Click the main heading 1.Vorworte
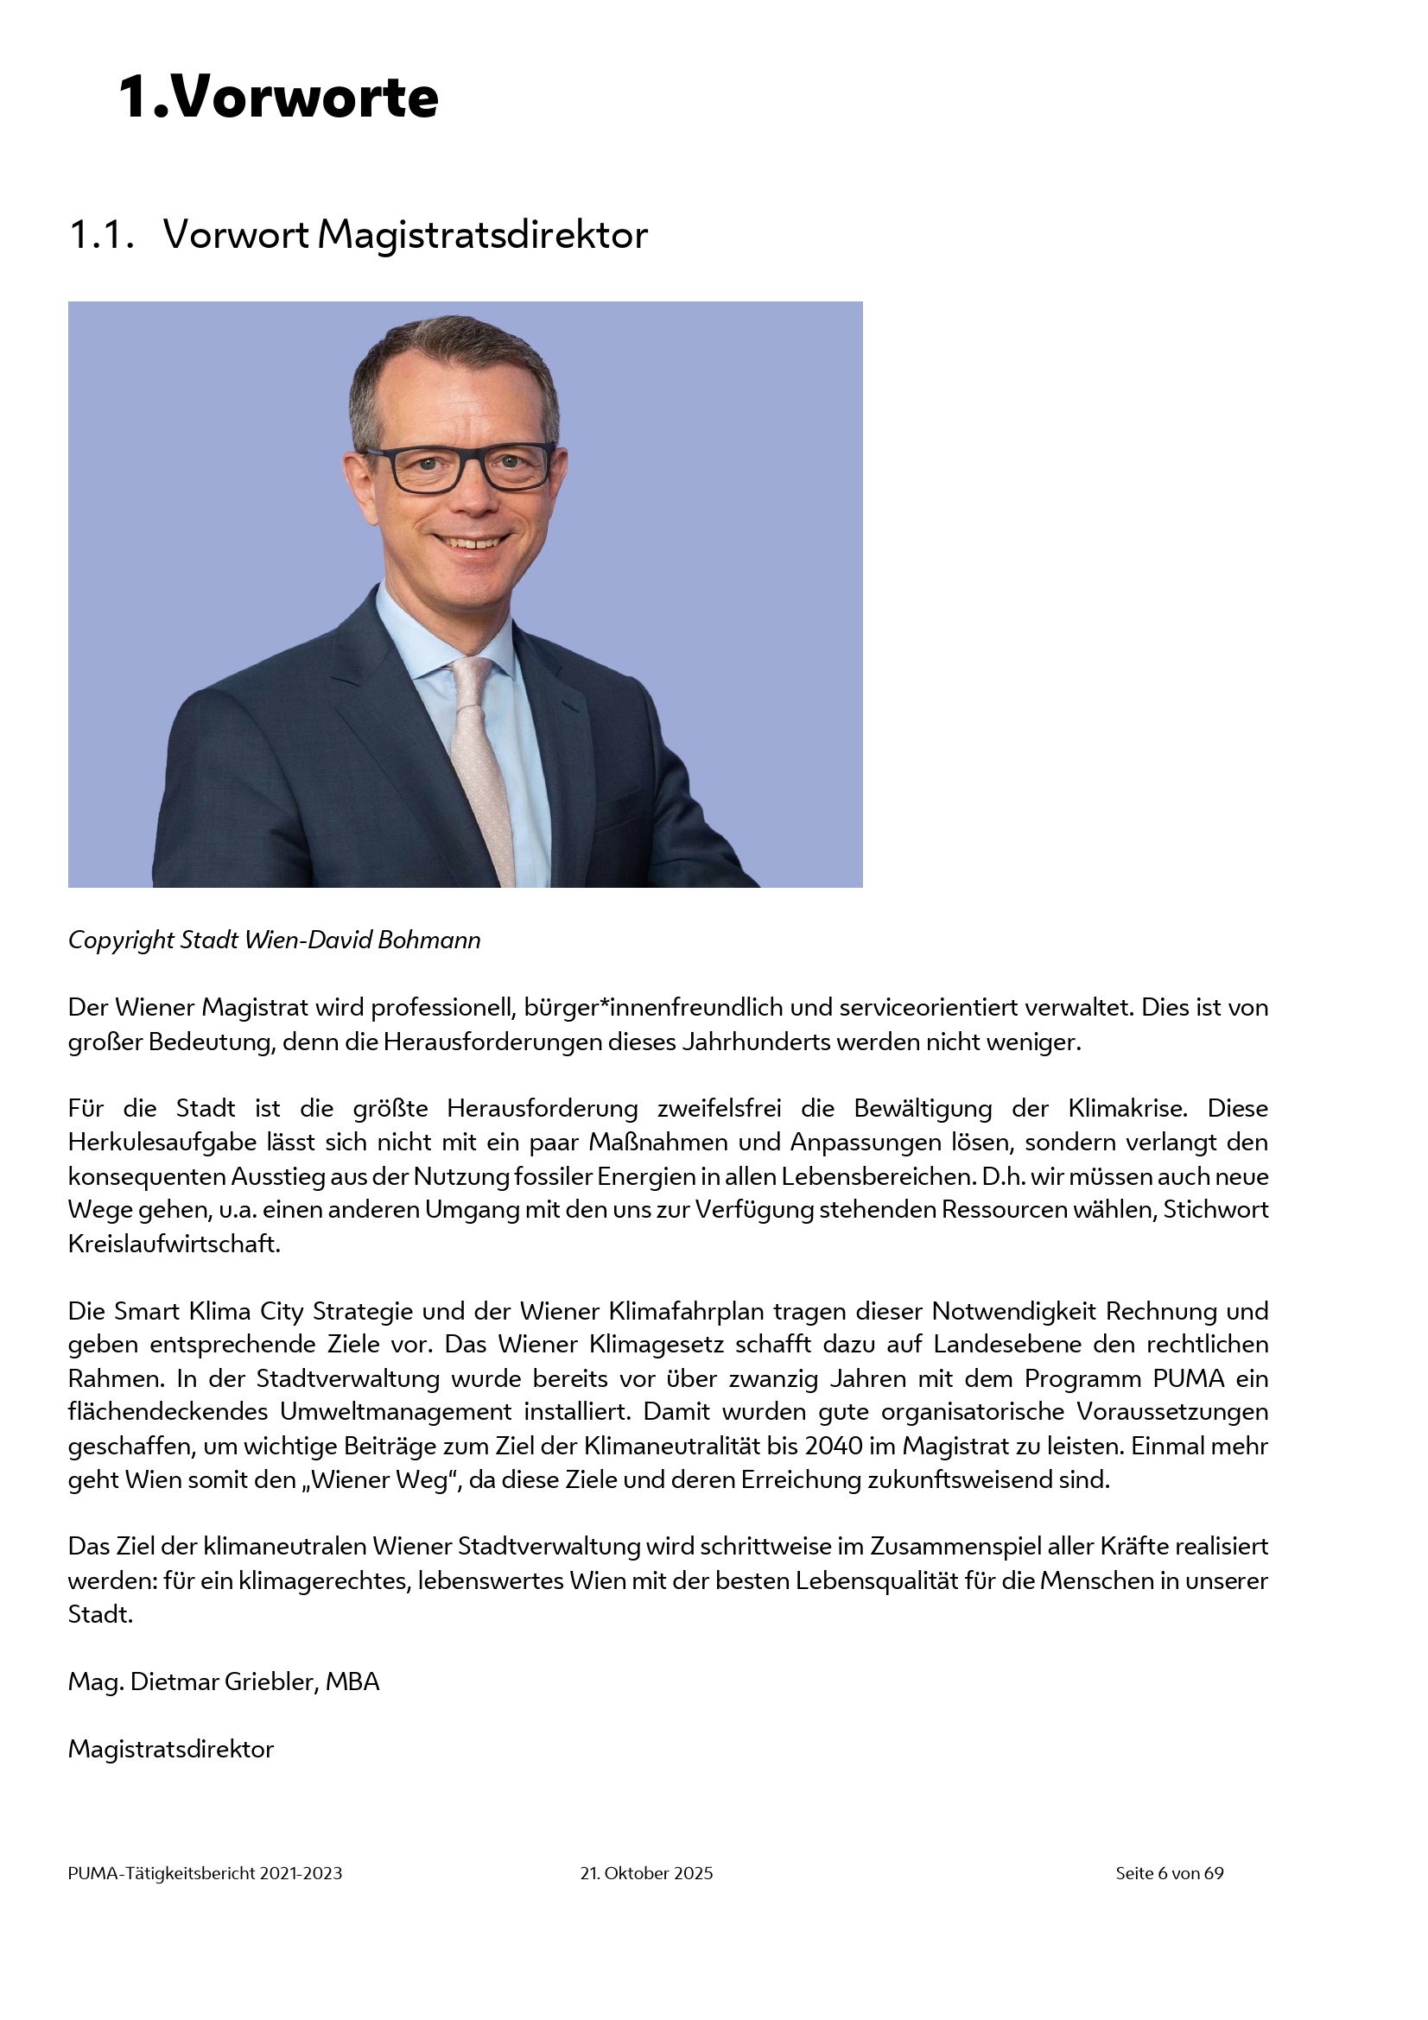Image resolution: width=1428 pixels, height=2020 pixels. (278, 97)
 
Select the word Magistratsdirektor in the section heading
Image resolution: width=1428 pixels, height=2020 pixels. (482, 235)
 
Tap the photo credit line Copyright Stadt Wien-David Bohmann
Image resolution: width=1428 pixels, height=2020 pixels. (275, 940)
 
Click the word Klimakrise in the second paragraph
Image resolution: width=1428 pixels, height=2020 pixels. (1127, 1108)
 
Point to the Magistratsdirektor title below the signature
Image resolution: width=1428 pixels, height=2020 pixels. (171, 1748)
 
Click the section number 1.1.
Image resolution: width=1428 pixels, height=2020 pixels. (101, 235)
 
